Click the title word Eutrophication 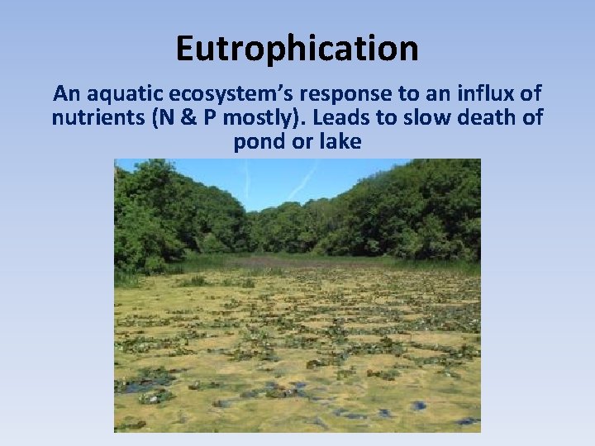click(x=297, y=49)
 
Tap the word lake click(x=341, y=141)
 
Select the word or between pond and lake click(x=301, y=141)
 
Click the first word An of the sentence click(x=65, y=93)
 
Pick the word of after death click(x=531, y=117)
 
